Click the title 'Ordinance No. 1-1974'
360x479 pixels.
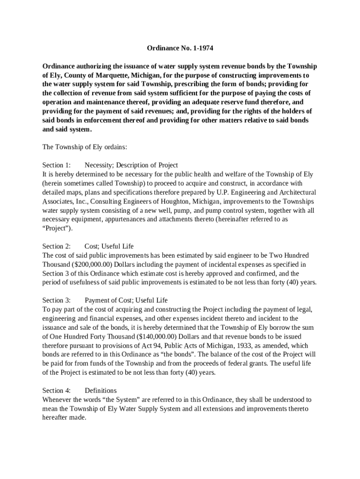coord(176,48)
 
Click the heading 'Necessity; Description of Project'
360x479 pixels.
coord(131,165)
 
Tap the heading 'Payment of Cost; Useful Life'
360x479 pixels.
coord(126,300)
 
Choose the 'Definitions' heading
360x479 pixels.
coord(101,391)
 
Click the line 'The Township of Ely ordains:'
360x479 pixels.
coord(85,147)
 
